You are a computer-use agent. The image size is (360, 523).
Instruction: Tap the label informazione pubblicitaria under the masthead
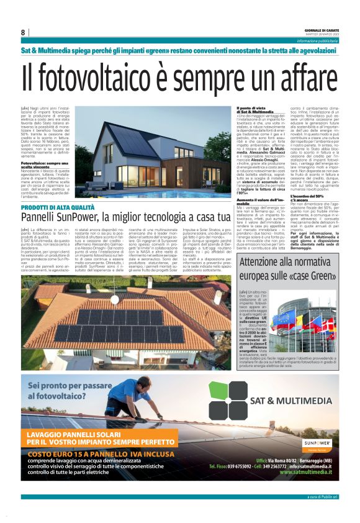click(317, 40)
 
